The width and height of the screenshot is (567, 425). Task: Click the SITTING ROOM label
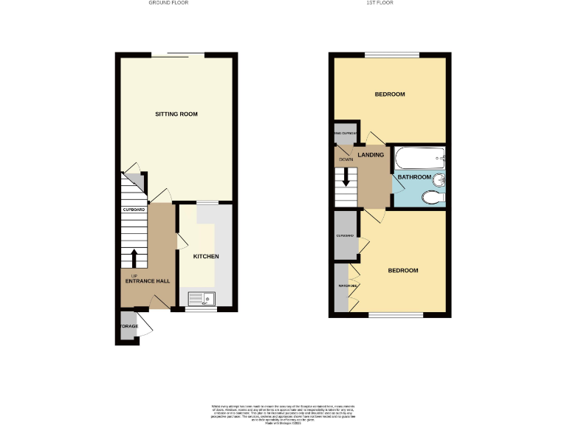click(x=176, y=114)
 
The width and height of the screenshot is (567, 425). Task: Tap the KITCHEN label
click(x=206, y=257)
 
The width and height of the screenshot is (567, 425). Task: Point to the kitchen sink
click(x=200, y=298)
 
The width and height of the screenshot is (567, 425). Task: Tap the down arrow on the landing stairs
click(x=346, y=178)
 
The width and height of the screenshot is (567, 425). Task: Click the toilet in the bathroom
click(x=433, y=196)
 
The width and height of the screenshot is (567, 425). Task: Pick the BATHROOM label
click(x=414, y=177)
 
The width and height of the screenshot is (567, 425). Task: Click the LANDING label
click(x=371, y=155)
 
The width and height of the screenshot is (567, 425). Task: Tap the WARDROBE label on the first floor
click(x=348, y=286)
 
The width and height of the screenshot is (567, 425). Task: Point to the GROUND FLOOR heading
click(x=170, y=3)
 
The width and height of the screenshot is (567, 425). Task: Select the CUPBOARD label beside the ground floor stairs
click(x=134, y=210)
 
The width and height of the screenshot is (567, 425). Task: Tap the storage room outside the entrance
click(x=128, y=327)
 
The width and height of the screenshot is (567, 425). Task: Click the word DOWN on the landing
click(x=346, y=159)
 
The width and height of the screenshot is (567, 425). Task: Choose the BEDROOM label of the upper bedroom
click(x=390, y=94)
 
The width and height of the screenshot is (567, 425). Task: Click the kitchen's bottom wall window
click(x=200, y=310)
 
